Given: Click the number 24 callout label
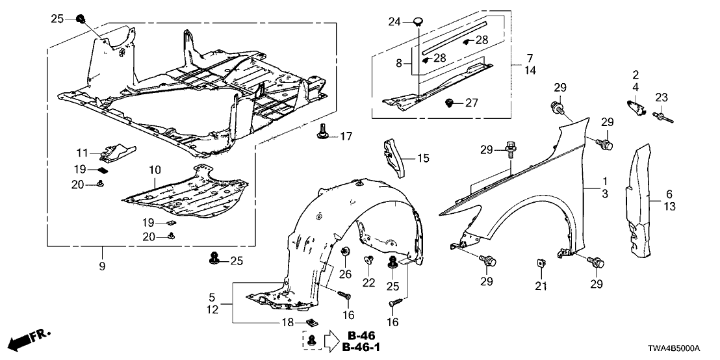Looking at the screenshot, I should click(394, 22).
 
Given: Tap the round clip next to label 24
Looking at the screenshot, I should click(417, 23).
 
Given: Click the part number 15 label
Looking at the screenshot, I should click(423, 157).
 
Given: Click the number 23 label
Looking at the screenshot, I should click(661, 97).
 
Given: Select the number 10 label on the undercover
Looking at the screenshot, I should click(154, 170).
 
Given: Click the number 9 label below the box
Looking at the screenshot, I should click(101, 266).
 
